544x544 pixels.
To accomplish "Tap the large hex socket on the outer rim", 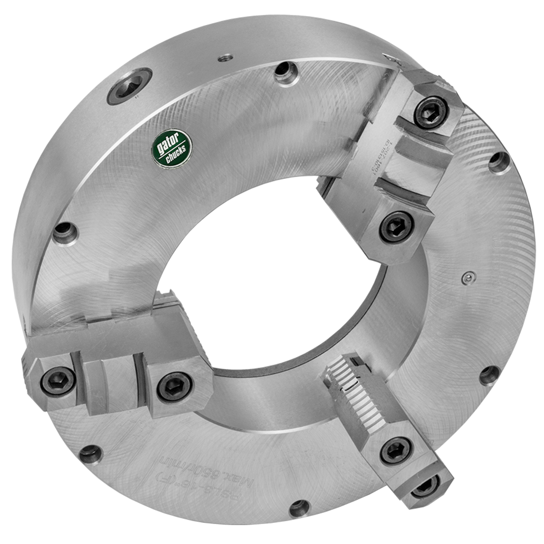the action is tap(129, 86).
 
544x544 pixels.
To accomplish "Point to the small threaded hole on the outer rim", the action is tap(224, 57).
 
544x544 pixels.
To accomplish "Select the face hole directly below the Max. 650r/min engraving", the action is tap(299, 506).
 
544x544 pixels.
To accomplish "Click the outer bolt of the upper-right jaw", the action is tap(430, 113).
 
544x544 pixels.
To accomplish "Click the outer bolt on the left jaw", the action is tap(57, 381).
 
